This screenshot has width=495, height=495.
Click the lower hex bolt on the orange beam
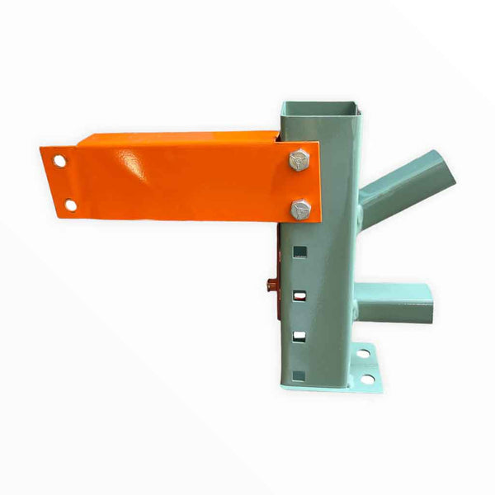[x=301, y=210]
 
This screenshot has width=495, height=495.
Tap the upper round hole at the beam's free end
[x=59, y=162]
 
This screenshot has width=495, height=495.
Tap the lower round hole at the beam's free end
[x=70, y=205]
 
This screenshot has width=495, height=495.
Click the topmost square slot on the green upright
[x=299, y=252]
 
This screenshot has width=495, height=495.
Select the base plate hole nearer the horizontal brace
[x=362, y=354]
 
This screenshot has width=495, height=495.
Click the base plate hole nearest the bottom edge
[x=367, y=379]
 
